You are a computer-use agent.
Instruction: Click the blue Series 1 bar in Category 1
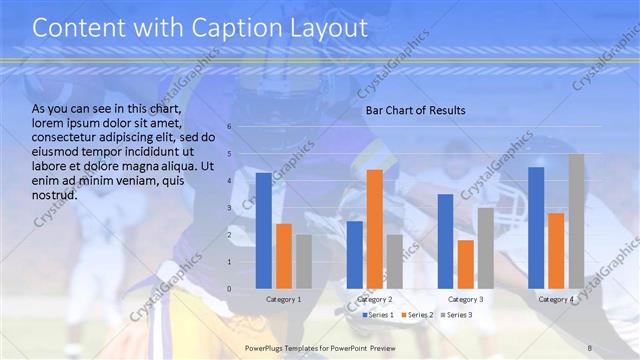coord(264,231)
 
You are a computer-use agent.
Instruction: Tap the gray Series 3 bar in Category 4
coord(577,221)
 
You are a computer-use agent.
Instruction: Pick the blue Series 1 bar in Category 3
coord(445,241)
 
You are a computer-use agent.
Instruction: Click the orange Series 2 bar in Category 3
coord(465,264)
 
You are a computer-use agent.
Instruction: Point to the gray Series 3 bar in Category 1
coord(304,262)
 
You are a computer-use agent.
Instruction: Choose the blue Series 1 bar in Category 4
coord(536,228)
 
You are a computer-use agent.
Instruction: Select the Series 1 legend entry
coord(377,315)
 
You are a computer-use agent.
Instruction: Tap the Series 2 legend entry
coord(417,315)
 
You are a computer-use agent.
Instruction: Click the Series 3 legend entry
coord(456,315)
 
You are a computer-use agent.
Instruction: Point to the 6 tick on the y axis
coord(230,127)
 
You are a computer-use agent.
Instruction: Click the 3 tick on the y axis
coord(230,208)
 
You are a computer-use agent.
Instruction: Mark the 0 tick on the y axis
coord(230,289)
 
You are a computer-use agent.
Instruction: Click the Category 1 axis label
coord(284,299)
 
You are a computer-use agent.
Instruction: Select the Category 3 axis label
coord(465,299)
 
